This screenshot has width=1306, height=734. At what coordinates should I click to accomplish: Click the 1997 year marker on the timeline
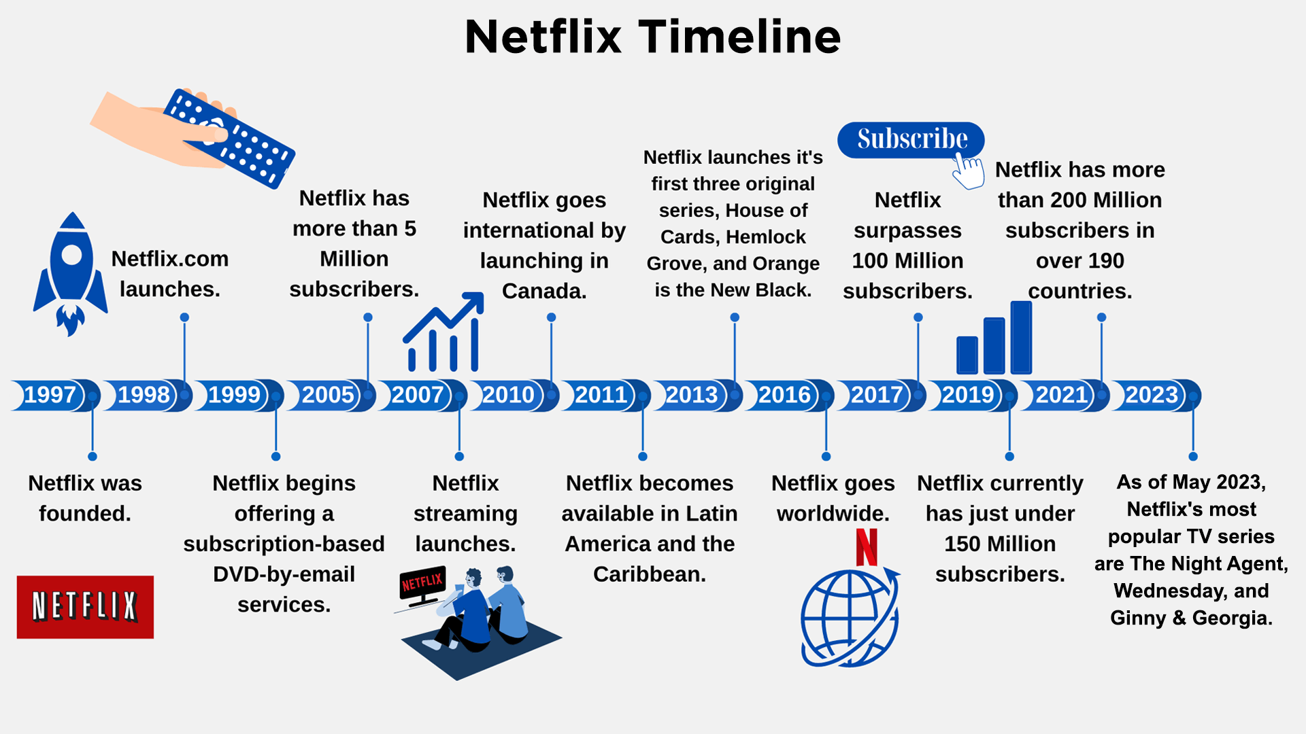tap(50, 395)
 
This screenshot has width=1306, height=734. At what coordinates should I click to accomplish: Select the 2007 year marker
tap(418, 395)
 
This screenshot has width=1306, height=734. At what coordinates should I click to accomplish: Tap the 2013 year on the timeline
tap(692, 395)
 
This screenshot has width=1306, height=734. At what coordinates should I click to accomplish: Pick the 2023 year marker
tap(1152, 395)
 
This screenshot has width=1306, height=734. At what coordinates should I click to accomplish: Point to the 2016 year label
tap(784, 395)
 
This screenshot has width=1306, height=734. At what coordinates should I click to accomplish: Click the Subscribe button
tap(911, 140)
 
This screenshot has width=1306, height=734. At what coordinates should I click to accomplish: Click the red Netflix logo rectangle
tap(85, 607)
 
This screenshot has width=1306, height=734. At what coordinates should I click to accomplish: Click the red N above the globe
tap(867, 547)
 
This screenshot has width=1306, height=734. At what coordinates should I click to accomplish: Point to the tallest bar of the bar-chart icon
tap(1021, 337)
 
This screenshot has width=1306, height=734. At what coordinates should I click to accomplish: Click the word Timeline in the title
tap(739, 37)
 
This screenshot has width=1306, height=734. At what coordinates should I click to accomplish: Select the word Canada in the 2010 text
tap(544, 291)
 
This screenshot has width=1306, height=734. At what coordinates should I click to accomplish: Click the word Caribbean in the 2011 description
tap(650, 574)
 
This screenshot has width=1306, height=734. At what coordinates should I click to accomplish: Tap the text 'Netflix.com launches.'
tap(170, 274)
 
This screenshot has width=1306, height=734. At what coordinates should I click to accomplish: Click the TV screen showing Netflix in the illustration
tap(422, 583)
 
